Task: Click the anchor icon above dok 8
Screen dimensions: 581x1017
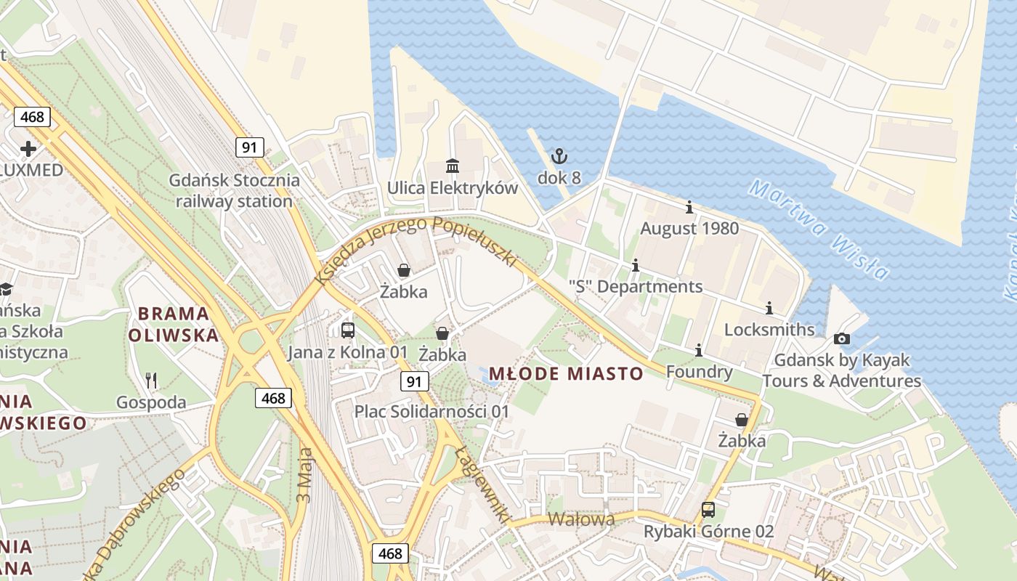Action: (x=559, y=155)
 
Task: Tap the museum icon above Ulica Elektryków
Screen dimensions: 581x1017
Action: (x=453, y=166)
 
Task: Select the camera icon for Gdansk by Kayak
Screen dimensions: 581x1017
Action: (x=842, y=338)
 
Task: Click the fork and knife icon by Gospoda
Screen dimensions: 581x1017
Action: (x=151, y=380)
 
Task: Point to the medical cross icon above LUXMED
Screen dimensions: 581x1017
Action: (x=28, y=149)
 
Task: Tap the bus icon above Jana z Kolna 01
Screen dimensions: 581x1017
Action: (x=348, y=330)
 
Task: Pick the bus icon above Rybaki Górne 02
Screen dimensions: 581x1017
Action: (x=708, y=510)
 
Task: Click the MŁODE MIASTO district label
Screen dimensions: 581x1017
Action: (x=566, y=374)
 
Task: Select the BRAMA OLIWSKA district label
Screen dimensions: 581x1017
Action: (x=174, y=324)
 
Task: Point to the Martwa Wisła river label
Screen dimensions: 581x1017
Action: (x=819, y=229)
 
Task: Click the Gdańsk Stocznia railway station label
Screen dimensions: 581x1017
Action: (x=234, y=190)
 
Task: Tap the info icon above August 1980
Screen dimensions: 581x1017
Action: (x=689, y=208)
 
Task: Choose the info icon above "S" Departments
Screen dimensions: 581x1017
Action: (x=636, y=266)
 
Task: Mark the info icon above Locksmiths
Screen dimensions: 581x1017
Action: (x=769, y=309)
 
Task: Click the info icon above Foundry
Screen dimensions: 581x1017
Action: (x=699, y=351)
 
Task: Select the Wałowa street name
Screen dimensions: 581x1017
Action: (x=581, y=519)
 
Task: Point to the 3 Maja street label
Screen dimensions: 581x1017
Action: (x=304, y=476)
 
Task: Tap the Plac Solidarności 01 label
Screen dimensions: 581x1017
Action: (x=431, y=411)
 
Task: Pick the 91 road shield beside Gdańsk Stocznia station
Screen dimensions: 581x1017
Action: (x=249, y=147)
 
